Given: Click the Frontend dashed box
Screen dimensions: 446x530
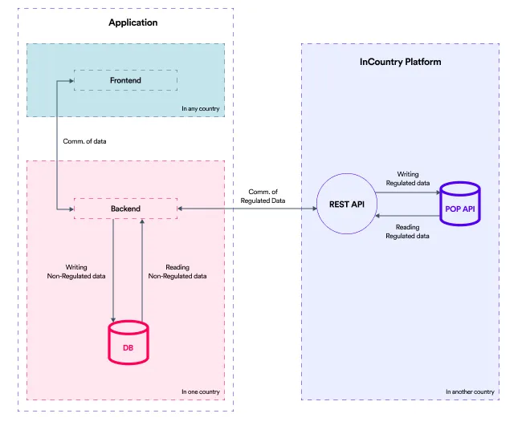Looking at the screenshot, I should coord(125,80).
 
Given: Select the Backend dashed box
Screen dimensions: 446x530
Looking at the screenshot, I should coord(125,209).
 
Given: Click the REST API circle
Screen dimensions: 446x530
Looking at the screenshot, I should coord(347,205).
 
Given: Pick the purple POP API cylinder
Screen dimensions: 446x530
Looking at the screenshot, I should coord(459,208).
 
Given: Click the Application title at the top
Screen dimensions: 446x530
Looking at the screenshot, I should coord(133,22).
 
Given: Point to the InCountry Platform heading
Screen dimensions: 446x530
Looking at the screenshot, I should coord(400,62).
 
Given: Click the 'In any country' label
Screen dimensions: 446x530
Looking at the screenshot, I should coord(200,108).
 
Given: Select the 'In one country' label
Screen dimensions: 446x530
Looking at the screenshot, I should coord(200,391).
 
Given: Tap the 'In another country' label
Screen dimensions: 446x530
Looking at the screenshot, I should coord(470,391).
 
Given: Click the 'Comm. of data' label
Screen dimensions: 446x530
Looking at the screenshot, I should coord(84,142).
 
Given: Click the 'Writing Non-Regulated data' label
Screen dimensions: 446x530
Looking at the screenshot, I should coord(77,271).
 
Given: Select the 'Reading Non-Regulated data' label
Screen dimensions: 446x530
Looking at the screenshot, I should coord(177,271).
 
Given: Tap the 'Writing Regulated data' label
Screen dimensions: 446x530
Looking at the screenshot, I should coord(407,178).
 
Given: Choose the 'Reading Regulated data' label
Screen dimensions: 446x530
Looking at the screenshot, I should coord(407,232).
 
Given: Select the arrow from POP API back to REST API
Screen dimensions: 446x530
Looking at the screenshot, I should coord(407,216).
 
